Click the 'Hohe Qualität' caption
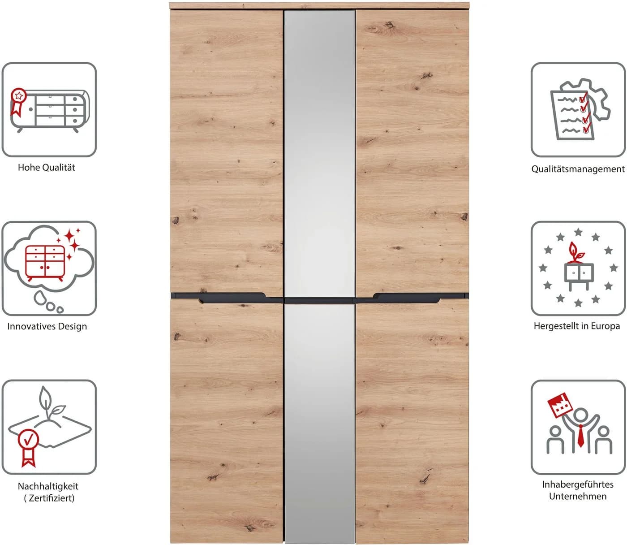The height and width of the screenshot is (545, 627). point(46,168)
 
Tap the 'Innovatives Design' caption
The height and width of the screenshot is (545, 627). point(47,326)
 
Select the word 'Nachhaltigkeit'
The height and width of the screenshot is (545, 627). point(48,486)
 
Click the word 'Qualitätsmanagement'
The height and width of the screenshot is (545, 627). point(578,169)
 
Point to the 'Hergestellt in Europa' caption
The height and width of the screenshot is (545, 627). point(577,326)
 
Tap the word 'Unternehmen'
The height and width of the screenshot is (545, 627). point(578,496)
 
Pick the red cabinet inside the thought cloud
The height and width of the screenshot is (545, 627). point(45,263)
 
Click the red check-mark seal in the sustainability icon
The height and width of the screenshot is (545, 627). point(28,448)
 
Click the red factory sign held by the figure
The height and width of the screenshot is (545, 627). point(561,405)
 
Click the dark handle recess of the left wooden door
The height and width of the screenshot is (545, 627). point(232,298)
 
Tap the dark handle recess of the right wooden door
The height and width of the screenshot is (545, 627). point(407,298)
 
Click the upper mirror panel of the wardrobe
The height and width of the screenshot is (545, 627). point(319,153)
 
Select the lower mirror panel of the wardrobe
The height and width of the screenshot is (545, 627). point(319,423)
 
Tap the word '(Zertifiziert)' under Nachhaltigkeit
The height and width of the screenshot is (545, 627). point(49,498)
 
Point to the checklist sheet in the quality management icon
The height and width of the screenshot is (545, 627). point(571,115)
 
